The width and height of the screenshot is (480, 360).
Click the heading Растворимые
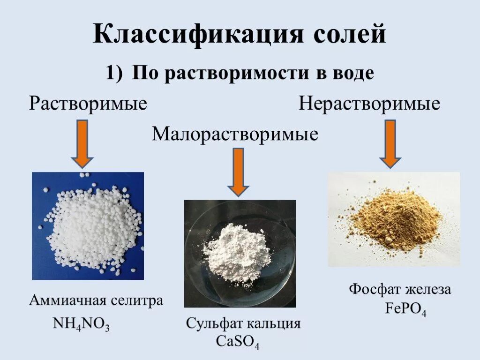coord(88,103)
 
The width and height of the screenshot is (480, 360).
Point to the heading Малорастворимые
coord(235,135)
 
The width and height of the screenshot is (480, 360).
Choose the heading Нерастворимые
coord(370,104)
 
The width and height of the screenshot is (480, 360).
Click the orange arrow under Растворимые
coord(82,143)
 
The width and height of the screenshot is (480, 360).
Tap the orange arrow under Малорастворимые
coord(239,172)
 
